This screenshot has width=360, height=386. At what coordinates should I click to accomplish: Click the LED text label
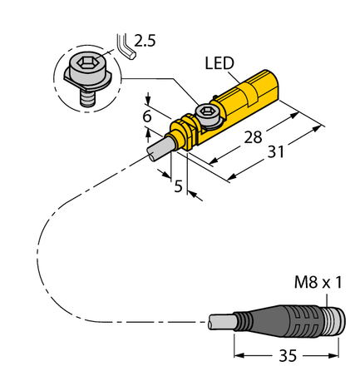tap(220, 64)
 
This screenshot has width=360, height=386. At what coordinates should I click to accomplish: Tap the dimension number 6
tap(146, 116)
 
